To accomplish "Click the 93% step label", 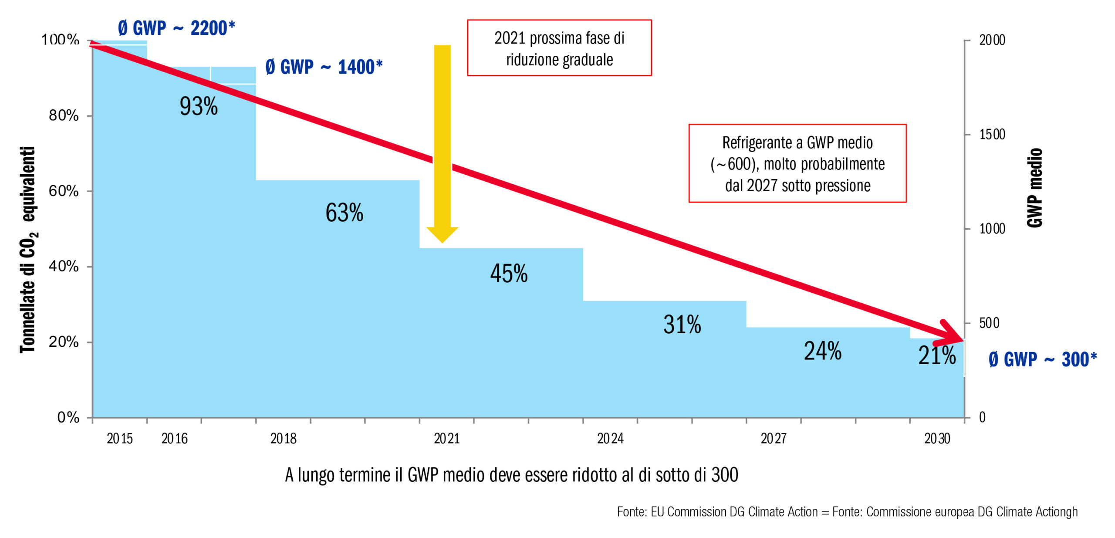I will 199,106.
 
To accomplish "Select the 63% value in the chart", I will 344,213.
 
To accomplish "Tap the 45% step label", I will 509,274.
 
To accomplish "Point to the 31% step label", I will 682,325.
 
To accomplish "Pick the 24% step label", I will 822,351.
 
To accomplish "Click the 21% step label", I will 937,355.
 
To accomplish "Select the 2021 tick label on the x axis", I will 447,438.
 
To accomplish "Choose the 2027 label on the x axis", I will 774,438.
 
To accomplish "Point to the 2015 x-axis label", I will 120,438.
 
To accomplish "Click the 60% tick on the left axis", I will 64,191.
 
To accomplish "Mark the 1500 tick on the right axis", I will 992,135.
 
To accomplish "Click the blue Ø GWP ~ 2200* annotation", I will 176,28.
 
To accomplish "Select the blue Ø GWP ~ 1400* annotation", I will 324,67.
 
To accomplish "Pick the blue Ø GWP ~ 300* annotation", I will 1042,360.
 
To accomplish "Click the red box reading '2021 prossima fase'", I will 559,48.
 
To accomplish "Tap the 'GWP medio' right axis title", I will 1035,188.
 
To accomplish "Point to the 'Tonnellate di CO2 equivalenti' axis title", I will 28,249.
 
